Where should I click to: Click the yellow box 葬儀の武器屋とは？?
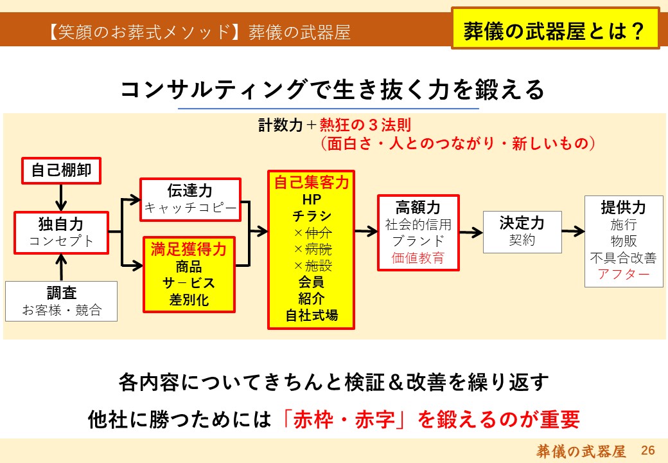[555, 28]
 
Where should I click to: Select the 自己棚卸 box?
[62, 170]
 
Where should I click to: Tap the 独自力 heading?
[62, 224]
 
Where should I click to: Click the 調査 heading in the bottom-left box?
[62, 293]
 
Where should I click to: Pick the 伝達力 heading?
[190, 190]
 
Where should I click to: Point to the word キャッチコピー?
[190, 208]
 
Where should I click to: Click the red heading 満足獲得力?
[189, 250]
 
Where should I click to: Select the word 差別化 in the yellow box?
[189, 300]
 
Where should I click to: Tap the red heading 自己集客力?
[312, 182]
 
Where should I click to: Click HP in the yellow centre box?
[312, 199]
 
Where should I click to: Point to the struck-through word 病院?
[318, 249]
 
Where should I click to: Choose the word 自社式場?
[312, 316]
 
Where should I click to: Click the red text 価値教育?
[418, 258]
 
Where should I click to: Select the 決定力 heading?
[522, 223]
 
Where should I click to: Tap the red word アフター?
[623, 274]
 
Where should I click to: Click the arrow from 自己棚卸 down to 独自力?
[62, 197]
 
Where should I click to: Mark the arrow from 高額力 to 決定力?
[471, 232]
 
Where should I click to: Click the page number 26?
[647, 450]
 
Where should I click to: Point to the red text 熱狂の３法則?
[365, 125]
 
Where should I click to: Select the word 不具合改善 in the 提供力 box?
[623, 257]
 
